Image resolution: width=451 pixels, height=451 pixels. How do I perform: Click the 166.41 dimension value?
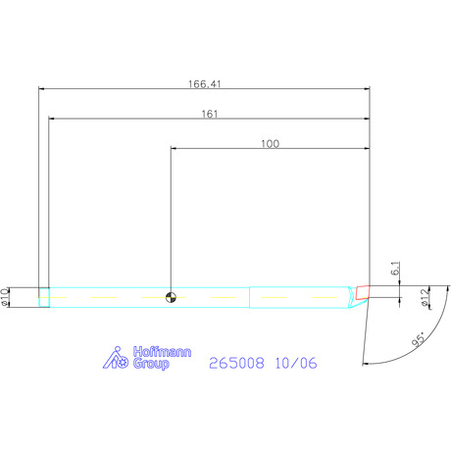(x=205, y=84)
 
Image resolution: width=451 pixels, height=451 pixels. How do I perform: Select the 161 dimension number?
(x=210, y=114)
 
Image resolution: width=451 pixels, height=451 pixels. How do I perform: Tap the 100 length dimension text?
(x=270, y=144)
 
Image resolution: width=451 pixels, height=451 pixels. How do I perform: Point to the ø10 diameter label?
(x=5, y=297)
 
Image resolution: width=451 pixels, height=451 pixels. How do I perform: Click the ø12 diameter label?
(x=425, y=298)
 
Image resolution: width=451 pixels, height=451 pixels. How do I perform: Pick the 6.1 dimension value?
(x=395, y=269)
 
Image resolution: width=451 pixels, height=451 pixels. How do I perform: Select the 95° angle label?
(x=419, y=339)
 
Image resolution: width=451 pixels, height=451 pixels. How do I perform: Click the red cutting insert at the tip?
(x=363, y=292)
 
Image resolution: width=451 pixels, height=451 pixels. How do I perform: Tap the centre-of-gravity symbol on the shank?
(x=171, y=297)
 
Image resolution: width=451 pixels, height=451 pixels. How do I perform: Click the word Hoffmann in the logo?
(x=162, y=352)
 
